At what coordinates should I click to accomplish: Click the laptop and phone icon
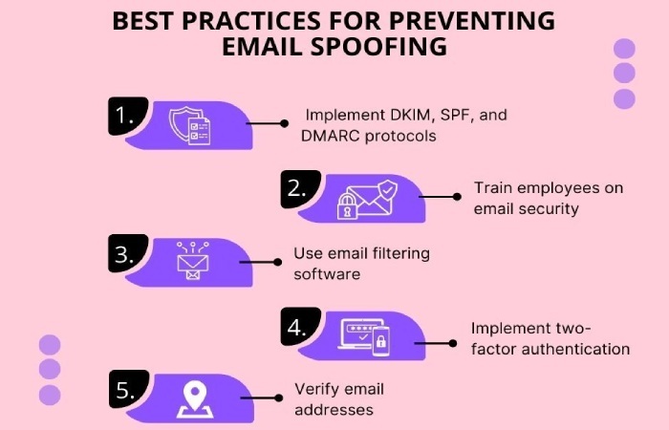366,333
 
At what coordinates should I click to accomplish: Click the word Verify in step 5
314,390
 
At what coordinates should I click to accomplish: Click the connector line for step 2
442,197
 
